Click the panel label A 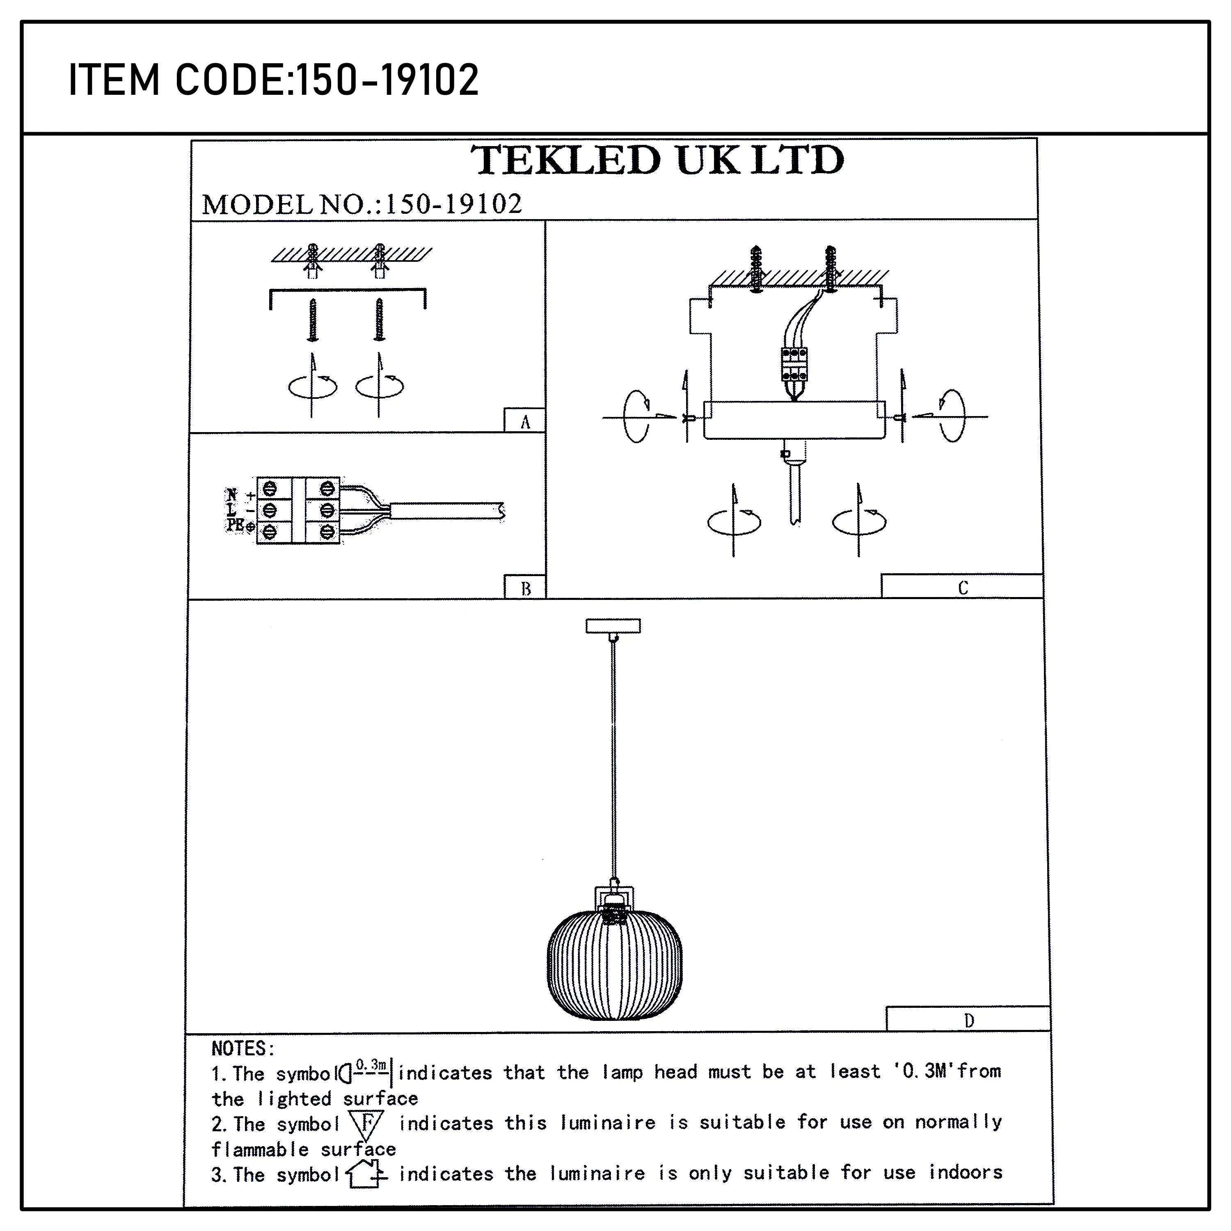tap(525, 422)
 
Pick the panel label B tap(526, 588)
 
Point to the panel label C tap(962, 588)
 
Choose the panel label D tap(968, 1021)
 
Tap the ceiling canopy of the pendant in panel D tap(613, 626)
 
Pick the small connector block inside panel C tap(794, 364)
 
